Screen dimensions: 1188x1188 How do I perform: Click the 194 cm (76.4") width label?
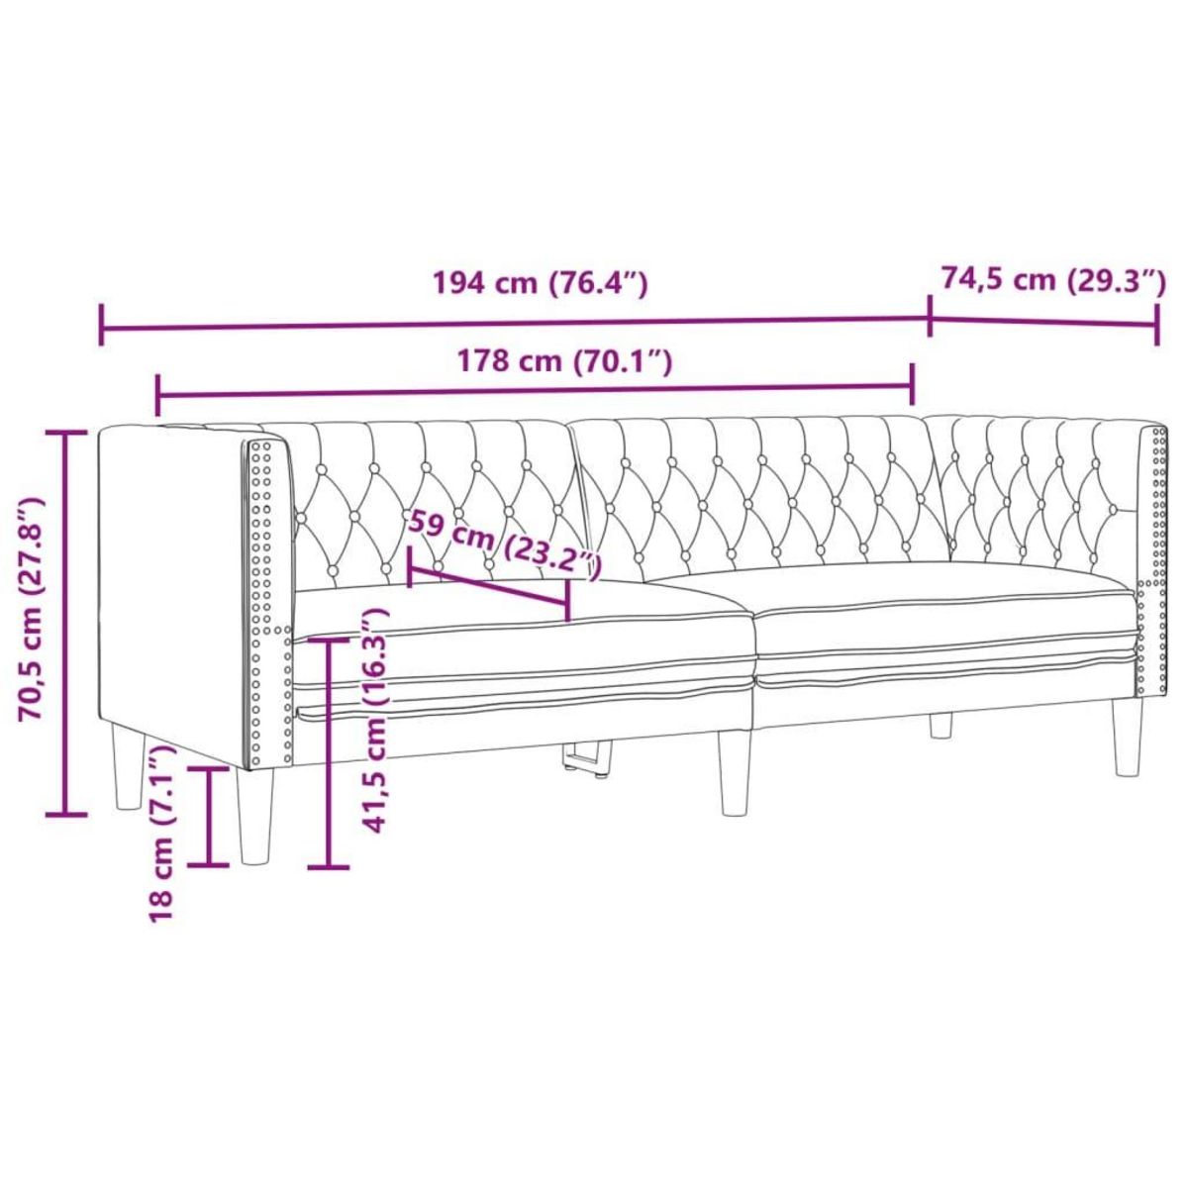click(541, 284)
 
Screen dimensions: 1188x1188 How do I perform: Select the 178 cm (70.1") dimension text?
click(565, 362)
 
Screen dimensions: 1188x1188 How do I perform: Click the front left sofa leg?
click(255, 816)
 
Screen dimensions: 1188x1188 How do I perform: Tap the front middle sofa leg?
click(734, 771)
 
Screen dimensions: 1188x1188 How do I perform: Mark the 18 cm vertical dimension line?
click(209, 816)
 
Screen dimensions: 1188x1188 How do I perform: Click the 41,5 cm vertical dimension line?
click(329, 752)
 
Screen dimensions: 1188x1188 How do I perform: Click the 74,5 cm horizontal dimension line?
click(1042, 321)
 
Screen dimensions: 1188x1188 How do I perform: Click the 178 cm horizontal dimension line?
click(535, 393)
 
